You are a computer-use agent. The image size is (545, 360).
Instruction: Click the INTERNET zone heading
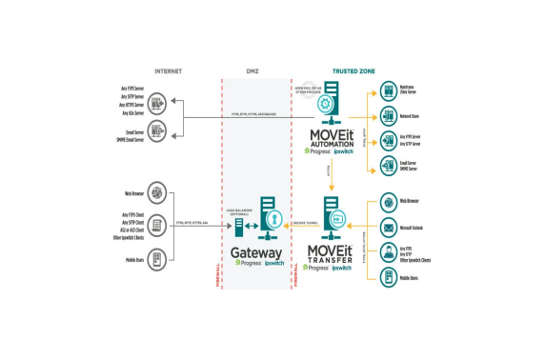tap(168, 71)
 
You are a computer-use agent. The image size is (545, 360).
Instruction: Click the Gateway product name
tap(257, 254)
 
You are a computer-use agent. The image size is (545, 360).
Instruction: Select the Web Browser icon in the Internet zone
tap(156, 193)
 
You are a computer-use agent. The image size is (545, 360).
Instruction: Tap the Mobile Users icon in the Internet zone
tap(156, 259)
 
